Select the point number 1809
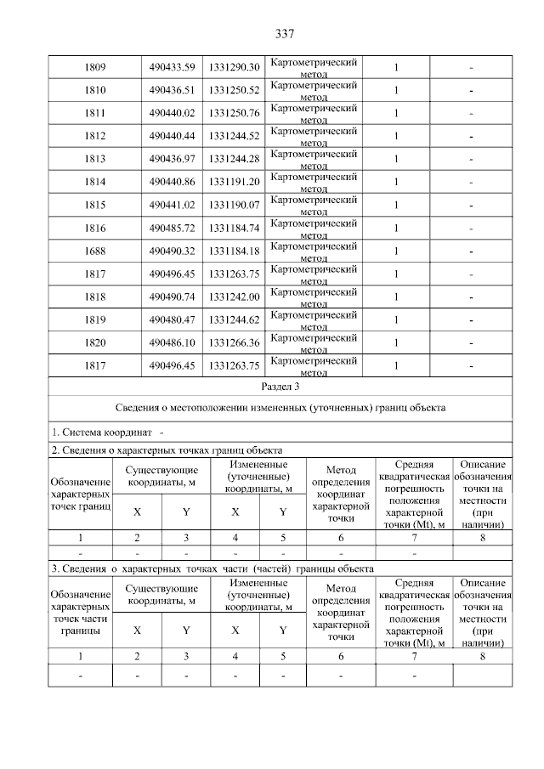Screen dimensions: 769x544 click(95, 67)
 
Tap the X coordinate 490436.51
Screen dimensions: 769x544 click(172, 90)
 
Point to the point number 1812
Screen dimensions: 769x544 click(95, 136)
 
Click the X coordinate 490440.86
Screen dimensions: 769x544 click(172, 182)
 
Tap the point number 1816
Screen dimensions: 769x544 click(95, 228)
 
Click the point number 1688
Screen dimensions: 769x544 click(95, 251)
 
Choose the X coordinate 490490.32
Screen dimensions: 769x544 click(172, 251)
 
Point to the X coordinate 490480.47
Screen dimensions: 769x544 click(172, 319)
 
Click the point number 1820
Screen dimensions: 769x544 click(95, 342)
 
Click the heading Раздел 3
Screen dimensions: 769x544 click(280, 386)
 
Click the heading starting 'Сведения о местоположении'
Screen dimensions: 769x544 click(280, 408)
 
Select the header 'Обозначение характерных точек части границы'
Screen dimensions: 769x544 click(81, 613)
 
